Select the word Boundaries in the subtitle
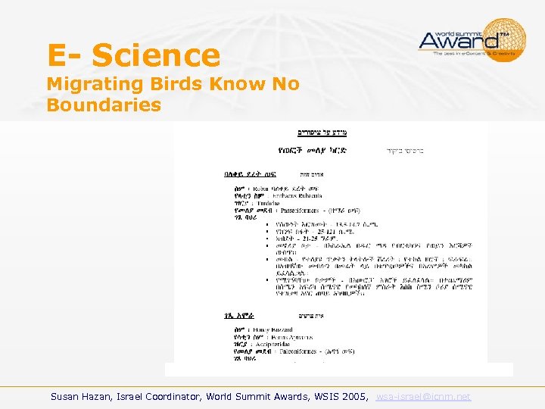click(104, 105)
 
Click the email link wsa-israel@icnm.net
click(423, 396)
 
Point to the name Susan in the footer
click(67, 396)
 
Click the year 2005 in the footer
click(355, 396)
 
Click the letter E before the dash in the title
click(57, 55)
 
